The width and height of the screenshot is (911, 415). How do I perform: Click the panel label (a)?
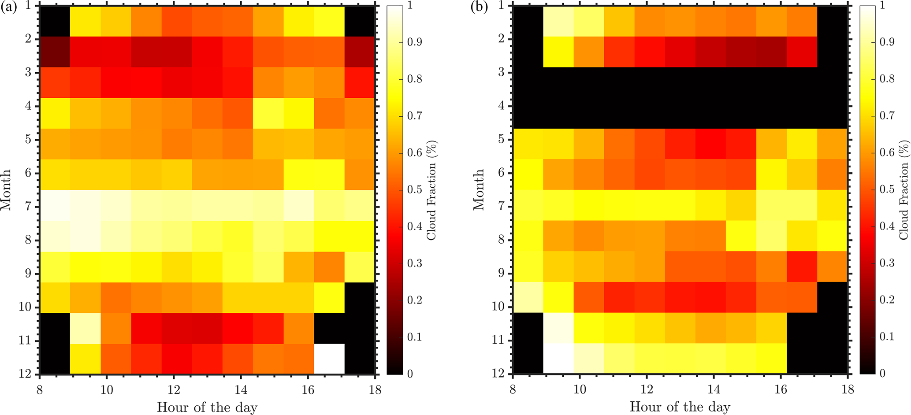[9, 8]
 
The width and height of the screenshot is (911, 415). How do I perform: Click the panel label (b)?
[480, 8]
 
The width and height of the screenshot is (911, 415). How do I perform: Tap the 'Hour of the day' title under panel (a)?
[207, 407]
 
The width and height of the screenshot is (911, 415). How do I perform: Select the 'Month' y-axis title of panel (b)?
[478, 189]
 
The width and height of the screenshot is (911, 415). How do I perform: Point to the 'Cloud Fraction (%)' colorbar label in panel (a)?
[431, 190]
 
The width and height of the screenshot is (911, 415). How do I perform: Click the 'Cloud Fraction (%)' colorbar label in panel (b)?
[904, 190]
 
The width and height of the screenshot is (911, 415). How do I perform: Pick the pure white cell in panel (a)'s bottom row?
[329, 359]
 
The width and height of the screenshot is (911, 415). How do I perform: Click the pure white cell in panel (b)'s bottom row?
[558, 359]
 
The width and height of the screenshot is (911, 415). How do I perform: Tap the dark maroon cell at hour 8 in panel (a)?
[55, 52]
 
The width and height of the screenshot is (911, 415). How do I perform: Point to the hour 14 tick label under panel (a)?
[241, 389]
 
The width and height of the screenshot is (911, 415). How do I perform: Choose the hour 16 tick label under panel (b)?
[781, 389]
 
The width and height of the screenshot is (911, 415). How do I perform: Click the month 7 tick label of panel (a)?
[28, 207]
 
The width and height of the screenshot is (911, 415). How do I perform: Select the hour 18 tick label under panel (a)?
[375, 389]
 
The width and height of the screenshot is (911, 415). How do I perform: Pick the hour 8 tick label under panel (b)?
[513, 389]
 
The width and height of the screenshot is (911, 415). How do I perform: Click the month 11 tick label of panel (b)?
[498, 341]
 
